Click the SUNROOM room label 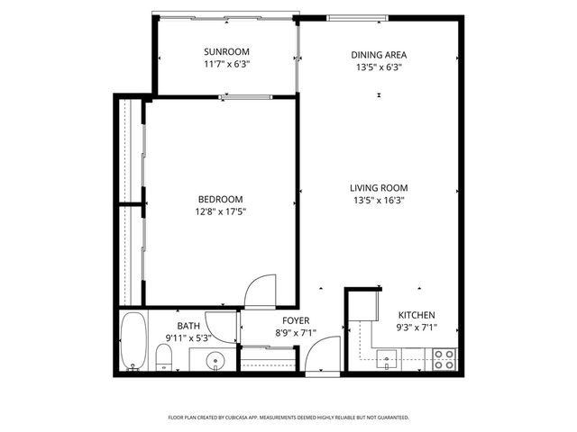pos(226,51)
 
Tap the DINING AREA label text pos(378,55)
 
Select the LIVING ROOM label pos(378,188)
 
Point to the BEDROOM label pos(221,199)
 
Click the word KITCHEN pos(417,314)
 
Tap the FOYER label pos(296,320)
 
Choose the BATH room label pos(188,326)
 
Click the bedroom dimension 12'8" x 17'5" pos(221,211)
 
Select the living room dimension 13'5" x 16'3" pos(378,201)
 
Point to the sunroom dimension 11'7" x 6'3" pos(226,64)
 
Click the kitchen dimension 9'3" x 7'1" pos(417,327)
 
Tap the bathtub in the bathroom pos(133,341)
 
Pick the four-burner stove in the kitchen pos(444,359)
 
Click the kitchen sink pos(388,363)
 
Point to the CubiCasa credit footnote pos(288,418)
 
